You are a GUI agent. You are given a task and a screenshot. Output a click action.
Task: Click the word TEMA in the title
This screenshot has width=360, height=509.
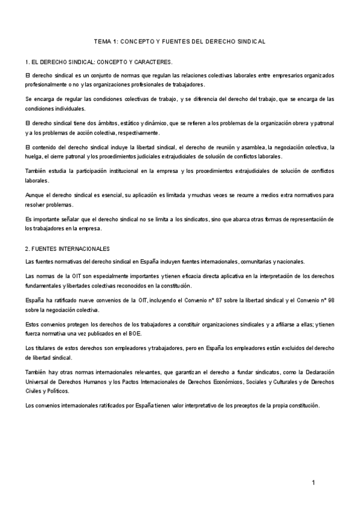click(x=102, y=42)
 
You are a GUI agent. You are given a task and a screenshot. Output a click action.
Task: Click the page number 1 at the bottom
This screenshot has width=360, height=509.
click(x=313, y=483)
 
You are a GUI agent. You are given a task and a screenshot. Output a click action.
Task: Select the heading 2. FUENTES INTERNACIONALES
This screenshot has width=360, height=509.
click(x=67, y=248)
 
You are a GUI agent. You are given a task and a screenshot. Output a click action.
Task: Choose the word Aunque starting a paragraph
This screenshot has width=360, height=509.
click(x=35, y=195)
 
